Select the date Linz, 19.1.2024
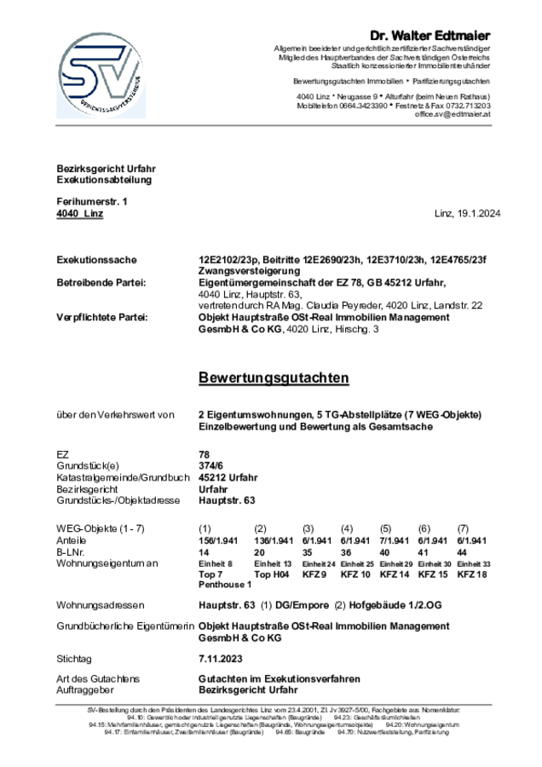[x=467, y=214]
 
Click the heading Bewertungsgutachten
[x=273, y=377]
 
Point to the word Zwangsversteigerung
[x=244, y=271]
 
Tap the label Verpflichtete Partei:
[x=102, y=317]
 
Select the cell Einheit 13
[x=274, y=564]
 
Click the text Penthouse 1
[x=224, y=585]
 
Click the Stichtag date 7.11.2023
[x=220, y=659]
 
